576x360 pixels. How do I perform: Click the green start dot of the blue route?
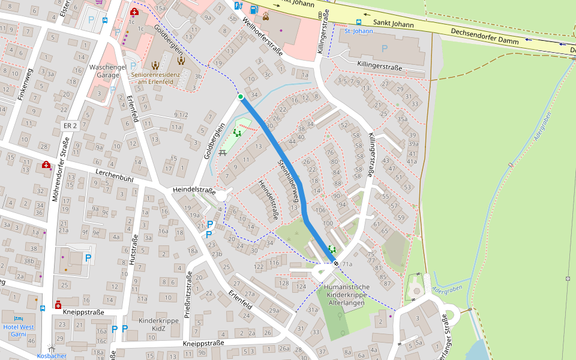(x=241, y=97)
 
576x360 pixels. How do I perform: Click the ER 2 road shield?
(x=70, y=125)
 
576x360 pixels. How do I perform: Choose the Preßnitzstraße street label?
(x=188, y=294)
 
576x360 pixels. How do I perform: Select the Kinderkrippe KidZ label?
(x=160, y=325)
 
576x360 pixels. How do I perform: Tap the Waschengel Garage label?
(x=108, y=71)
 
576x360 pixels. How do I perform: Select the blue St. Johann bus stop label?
(x=359, y=31)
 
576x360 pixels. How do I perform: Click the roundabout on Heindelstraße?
(x=223, y=196)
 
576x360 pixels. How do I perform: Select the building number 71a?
(x=347, y=264)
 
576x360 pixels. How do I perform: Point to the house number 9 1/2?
(x=181, y=115)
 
